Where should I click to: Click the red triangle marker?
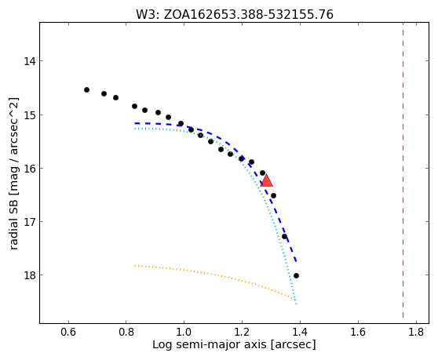point(266,180)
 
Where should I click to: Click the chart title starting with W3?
point(235,15)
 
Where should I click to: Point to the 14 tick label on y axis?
point(30,61)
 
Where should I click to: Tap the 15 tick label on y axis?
point(30,115)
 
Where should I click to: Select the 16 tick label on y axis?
point(30,169)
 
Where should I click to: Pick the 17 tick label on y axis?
point(30,222)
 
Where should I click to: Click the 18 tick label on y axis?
point(30,275)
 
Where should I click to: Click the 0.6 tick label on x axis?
point(68,332)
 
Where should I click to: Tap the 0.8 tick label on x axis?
point(126,332)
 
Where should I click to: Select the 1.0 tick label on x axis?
point(184,332)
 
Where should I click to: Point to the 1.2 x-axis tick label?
point(242,332)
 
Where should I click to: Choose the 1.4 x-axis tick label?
point(300,332)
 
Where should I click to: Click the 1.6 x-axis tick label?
point(358,332)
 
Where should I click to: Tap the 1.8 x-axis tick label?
point(416,332)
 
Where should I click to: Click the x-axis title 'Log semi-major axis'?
point(210,345)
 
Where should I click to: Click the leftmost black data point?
point(86,90)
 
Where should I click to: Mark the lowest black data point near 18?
point(296,276)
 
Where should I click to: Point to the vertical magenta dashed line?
point(403,170)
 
